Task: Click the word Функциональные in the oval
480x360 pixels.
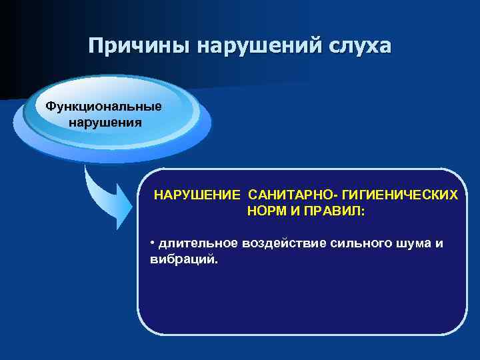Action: pos(103,107)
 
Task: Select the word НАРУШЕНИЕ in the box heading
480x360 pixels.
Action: pos(197,195)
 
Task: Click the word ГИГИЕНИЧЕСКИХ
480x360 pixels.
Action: pos(400,195)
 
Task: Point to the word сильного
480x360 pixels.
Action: pos(361,243)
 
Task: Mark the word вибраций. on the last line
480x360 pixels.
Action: pos(184,259)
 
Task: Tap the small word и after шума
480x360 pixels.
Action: pos(439,243)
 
